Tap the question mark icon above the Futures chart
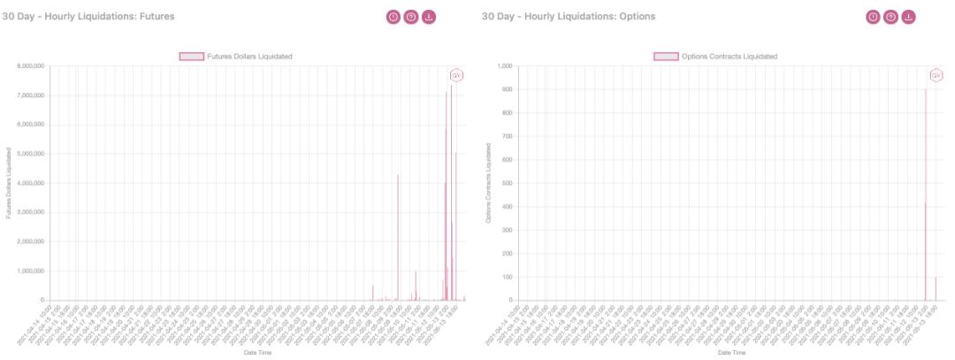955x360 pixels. point(411,16)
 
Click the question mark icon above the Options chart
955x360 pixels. point(890,16)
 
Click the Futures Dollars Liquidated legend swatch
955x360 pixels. point(192,57)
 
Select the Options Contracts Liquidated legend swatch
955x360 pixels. point(666,57)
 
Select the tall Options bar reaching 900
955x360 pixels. point(926,195)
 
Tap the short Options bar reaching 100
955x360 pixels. point(936,289)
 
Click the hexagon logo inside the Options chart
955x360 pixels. point(934,75)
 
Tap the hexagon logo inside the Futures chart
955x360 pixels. point(457,75)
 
